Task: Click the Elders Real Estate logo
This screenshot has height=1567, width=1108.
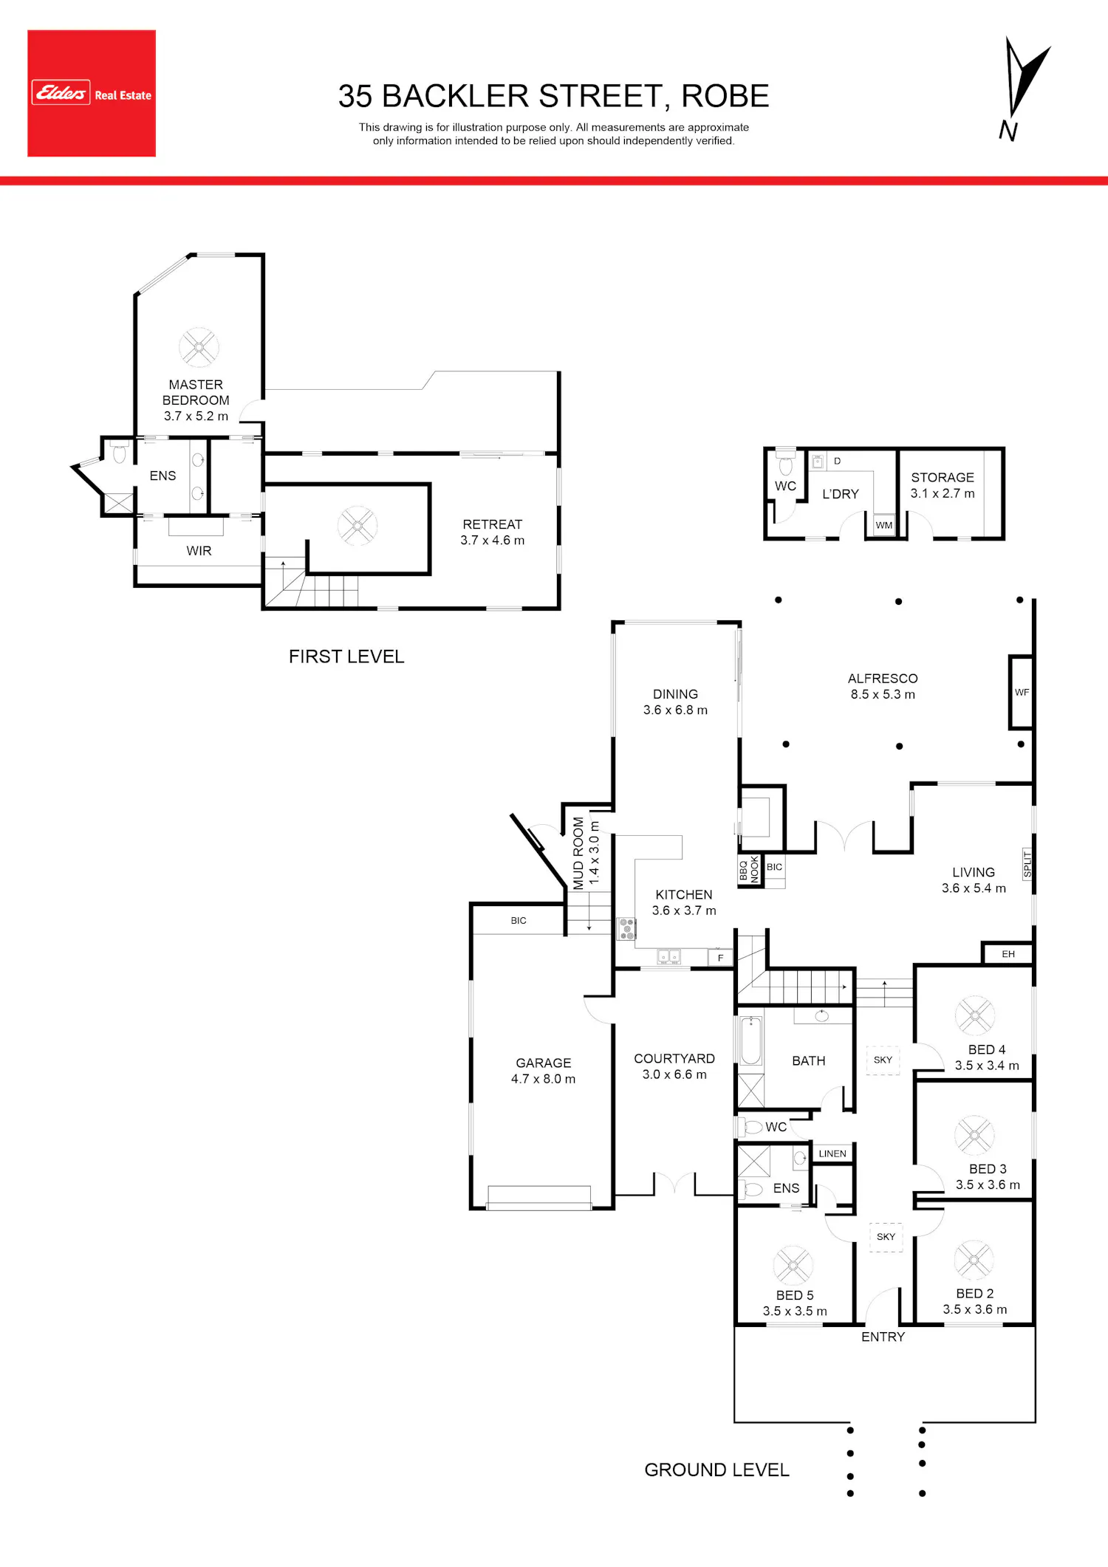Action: coord(92,93)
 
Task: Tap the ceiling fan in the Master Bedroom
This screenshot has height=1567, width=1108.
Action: coord(199,347)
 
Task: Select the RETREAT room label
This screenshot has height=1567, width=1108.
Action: coord(492,524)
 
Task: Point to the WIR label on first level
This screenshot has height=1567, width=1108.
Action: coord(199,551)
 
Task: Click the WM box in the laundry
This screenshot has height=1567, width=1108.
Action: coord(884,525)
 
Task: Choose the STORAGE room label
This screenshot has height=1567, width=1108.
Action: coord(943,477)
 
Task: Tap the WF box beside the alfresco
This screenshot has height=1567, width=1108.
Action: coord(1022,692)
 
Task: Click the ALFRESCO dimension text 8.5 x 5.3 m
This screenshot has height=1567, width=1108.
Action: coord(883,695)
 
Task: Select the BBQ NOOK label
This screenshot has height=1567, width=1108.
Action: coord(749,869)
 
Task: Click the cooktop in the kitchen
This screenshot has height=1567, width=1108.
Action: coord(626,928)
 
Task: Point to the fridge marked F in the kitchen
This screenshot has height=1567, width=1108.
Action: coord(720,958)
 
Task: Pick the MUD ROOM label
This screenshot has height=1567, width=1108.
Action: coord(578,853)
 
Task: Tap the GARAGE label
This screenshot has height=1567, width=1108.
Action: coord(544,1063)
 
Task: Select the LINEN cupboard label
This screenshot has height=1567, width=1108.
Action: coord(832,1153)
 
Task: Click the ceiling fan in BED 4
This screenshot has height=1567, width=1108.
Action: coord(975,1015)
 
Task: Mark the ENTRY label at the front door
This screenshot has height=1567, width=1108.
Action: coord(883,1337)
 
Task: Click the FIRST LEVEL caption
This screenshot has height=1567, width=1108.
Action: coord(346,656)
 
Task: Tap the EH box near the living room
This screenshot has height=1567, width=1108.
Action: coord(1008,953)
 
